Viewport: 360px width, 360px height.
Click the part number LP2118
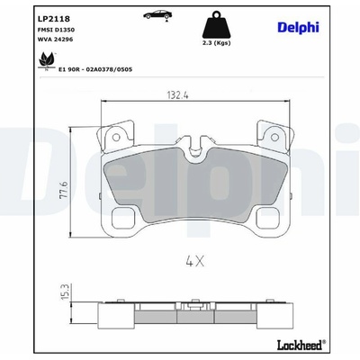point(54,19)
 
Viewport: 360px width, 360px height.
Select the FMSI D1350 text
point(56,30)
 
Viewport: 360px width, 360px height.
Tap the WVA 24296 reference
point(55,40)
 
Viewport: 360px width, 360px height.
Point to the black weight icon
point(216,24)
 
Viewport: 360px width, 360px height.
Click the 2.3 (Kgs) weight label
point(216,43)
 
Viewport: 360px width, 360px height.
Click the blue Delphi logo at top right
point(298,27)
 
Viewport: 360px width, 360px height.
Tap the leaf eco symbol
point(47,60)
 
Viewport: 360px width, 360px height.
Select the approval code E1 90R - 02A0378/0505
point(95,69)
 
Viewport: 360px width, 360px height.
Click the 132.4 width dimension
point(177,95)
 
